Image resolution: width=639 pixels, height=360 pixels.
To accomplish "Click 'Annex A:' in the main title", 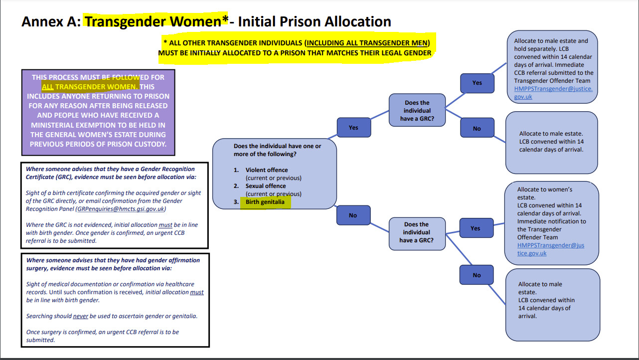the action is [x=51, y=21].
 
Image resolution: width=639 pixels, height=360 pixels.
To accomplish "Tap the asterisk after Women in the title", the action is [x=225, y=19].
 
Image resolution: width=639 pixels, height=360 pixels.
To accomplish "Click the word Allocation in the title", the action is [x=358, y=21].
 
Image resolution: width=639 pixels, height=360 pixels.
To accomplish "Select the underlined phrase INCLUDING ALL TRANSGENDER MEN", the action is [x=367, y=43].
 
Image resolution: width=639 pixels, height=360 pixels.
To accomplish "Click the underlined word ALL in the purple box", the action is [x=48, y=87].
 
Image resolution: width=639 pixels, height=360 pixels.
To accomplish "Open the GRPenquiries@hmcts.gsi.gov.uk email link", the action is [x=121, y=209].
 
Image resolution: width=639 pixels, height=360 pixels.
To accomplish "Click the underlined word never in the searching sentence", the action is [x=80, y=316].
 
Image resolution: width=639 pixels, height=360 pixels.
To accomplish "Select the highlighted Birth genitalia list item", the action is [x=265, y=202].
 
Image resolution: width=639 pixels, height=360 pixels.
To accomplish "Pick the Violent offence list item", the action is [x=267, y=170].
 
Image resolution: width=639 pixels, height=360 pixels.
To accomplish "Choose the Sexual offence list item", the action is [x=266, y=186].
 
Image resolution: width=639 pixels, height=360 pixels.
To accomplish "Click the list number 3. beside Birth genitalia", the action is [x=236, y=202].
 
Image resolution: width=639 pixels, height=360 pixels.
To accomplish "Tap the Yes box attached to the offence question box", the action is [x=354, y=128].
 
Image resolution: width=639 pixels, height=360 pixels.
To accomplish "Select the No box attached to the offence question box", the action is [x=353, y=215].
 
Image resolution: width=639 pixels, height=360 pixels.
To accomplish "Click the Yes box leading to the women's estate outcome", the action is [x=476, y=228].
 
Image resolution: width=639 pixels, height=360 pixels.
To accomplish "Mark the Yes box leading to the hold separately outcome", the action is [x=477, y=83].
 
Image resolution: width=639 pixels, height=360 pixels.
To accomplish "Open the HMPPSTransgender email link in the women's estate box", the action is [x=551, y=249].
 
